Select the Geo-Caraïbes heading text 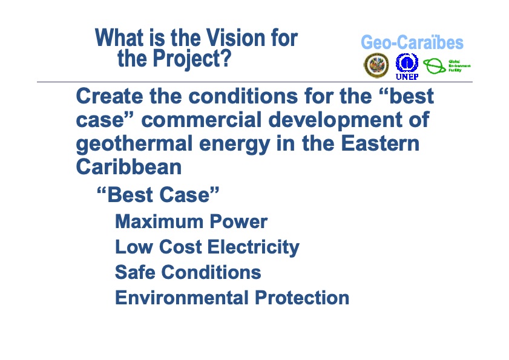[x=412, y=42]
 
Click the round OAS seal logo [x=376, y=65]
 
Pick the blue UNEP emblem [x=407, y=64]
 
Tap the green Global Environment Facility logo [x=445, y=65]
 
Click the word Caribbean [x=128, y=167]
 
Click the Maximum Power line [x=191, y=221]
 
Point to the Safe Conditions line [x=188, y=272]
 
